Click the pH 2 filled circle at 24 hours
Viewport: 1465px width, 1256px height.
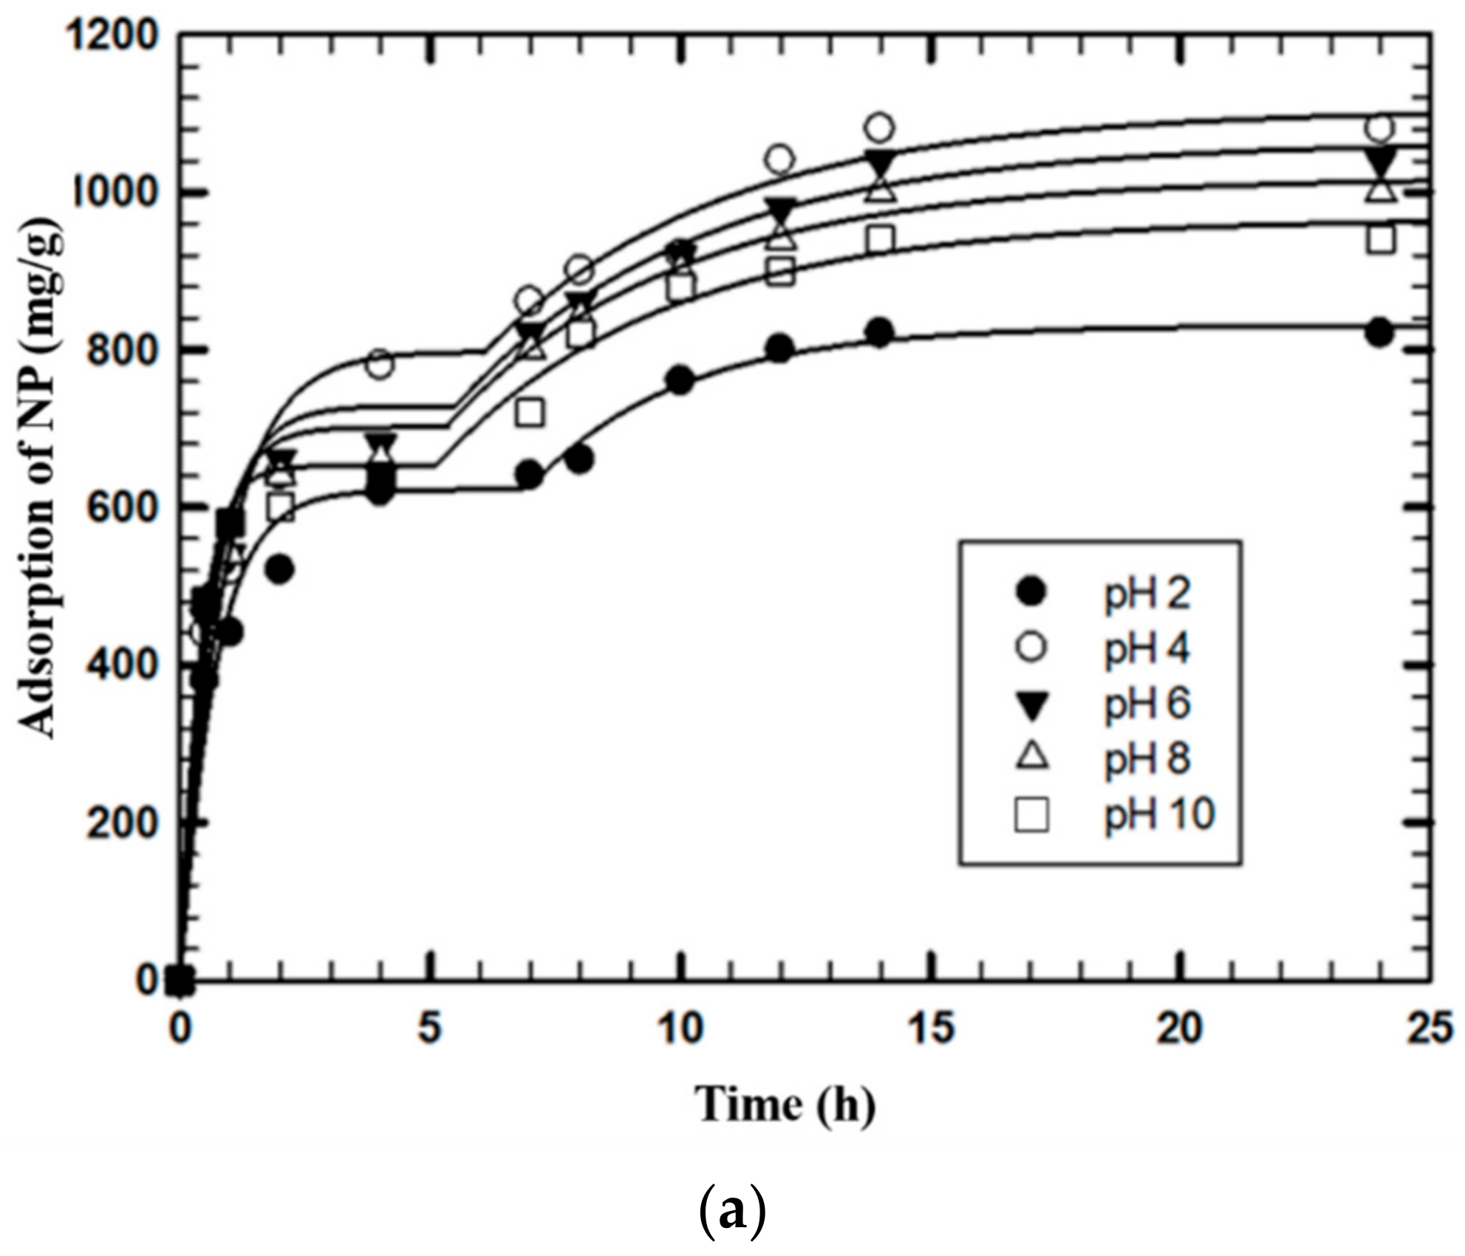tap(1380, 332)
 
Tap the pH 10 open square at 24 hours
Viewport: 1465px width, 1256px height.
tap(1380, 240)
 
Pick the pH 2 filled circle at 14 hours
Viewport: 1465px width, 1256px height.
tap(879, 333)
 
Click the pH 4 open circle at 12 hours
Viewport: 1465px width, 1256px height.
tap(780, 159)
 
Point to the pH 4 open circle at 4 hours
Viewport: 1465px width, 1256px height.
tap(380, 364)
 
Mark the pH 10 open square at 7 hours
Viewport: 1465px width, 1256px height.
tap(530, 412)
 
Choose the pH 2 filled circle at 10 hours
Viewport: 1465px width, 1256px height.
tap(680, 380)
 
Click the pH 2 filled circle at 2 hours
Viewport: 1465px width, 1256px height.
tap(280, 569)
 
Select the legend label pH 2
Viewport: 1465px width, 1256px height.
tap(1147, 593)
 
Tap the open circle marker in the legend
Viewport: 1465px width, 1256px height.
tap(1031, 648)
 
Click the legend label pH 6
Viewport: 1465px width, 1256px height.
tap(1147, 704)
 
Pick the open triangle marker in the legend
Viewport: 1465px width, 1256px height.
tap(1031, 758)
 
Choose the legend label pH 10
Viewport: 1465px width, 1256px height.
tap(1158, 814)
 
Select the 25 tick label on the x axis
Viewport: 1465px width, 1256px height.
tap(1430, 1029)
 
